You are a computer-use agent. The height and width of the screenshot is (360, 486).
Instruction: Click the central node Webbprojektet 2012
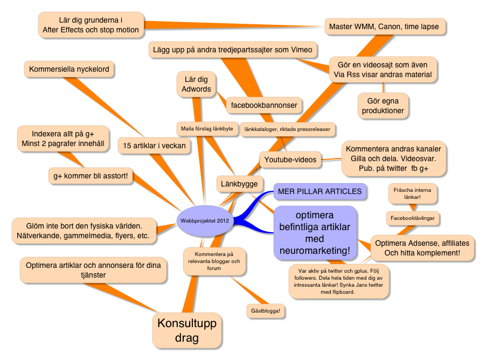coord(205,220)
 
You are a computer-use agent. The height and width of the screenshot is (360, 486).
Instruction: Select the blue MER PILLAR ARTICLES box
coord(320,191)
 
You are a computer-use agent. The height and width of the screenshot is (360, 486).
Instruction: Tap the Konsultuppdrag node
coord(186,330)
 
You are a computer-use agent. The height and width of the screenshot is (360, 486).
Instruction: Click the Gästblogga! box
coord(266,311)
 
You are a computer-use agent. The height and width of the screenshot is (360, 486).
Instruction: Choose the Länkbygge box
coord(240,184)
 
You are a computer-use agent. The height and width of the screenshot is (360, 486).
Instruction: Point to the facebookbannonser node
coord(264,105)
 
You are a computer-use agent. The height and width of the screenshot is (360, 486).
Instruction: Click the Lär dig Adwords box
coord(197,84)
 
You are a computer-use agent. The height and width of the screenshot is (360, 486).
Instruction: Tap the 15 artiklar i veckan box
coord(154,146)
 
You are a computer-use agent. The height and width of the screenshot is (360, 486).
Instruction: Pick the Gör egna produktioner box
coord(383,106)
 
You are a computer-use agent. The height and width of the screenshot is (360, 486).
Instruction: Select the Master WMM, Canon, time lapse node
coord(385,26)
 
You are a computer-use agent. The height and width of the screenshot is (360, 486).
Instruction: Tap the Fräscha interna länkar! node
coord(415,193)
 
